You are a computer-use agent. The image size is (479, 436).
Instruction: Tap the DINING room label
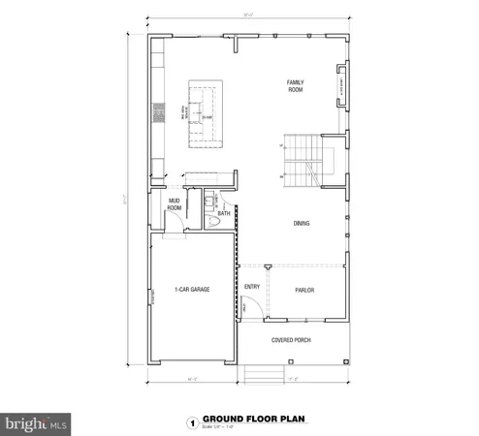coord(302,224)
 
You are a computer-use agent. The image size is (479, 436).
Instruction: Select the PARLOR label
coord(304,290)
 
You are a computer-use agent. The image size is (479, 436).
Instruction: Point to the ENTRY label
coord(253,287)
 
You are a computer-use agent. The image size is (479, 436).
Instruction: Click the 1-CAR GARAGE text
coord(192,290)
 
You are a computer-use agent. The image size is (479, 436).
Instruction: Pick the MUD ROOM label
coord(175,204)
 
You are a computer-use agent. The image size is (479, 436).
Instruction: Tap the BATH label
coord(223,213)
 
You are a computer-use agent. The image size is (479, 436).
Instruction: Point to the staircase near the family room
coord(303,164)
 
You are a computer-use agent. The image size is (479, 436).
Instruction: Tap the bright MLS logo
coord(36,423)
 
